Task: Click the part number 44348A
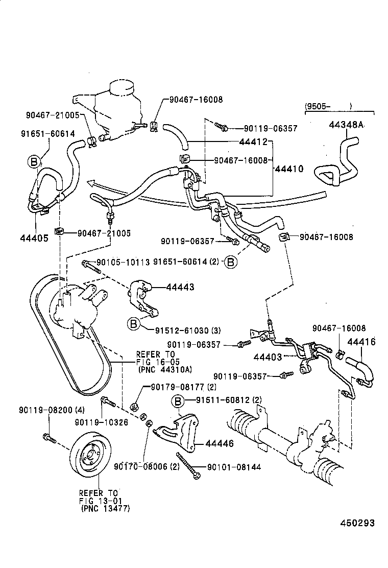tap(346, 126)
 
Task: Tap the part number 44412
tap(253, 141)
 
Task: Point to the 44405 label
tap(34, 238)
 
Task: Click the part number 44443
tap(179, 288)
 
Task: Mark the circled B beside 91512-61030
tap(133, 323)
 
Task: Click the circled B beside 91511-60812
tap(178, 402)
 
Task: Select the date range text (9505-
tap(318, 107)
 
